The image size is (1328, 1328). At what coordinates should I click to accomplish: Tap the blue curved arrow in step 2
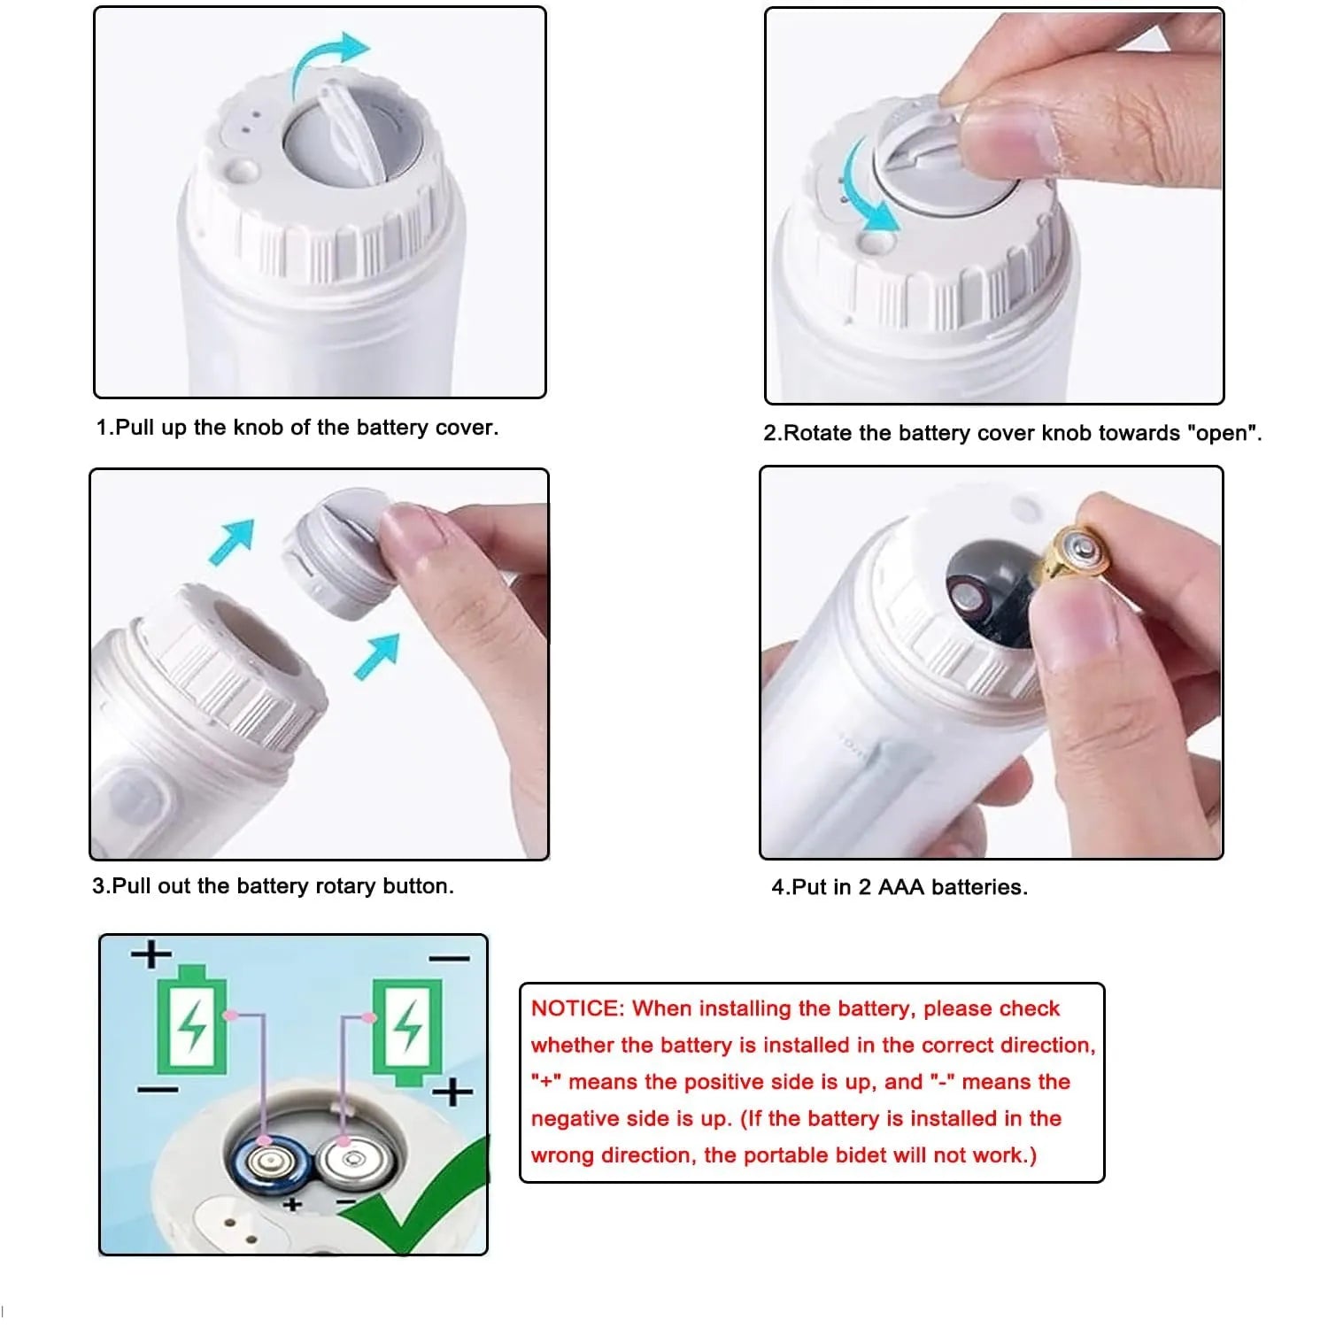coord(863,190)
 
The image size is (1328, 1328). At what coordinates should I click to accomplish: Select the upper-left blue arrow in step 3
coord(232,540)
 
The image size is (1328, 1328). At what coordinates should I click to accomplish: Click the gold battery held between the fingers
coord(1076,554)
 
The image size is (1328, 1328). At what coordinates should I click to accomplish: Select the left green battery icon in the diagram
coord(193,1019)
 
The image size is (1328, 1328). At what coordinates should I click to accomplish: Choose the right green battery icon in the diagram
coord(406,1031)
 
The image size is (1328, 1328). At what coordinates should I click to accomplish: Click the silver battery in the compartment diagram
coord(351,1159)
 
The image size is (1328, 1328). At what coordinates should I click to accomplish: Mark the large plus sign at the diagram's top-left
coord(151,954)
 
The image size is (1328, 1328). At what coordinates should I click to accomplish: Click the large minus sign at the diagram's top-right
coord(450,958)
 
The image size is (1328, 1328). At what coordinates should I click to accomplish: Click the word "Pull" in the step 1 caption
coord(135,428)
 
